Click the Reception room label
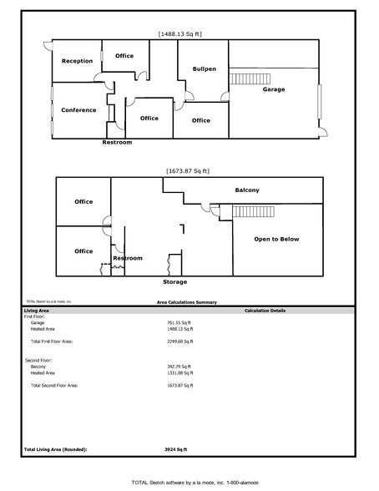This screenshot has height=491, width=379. [77, 61]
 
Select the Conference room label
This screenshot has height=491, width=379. [78, 109]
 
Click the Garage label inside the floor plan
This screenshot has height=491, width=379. [274, 89]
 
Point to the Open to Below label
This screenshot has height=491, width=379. [276, 239]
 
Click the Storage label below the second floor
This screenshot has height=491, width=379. [174, 281]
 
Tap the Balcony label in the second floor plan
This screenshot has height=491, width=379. [247, 190]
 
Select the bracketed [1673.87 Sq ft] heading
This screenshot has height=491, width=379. [188, 170]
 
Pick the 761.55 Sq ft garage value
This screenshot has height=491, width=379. [179, 321]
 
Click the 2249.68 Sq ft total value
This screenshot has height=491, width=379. [179, 341]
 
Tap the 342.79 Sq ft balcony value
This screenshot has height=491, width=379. [179, 366]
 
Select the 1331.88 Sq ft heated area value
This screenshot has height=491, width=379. [179, 372]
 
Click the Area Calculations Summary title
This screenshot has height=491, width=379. [188, 302]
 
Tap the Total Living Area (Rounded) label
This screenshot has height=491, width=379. [55, 449]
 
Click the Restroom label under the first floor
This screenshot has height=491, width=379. [117, 143]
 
